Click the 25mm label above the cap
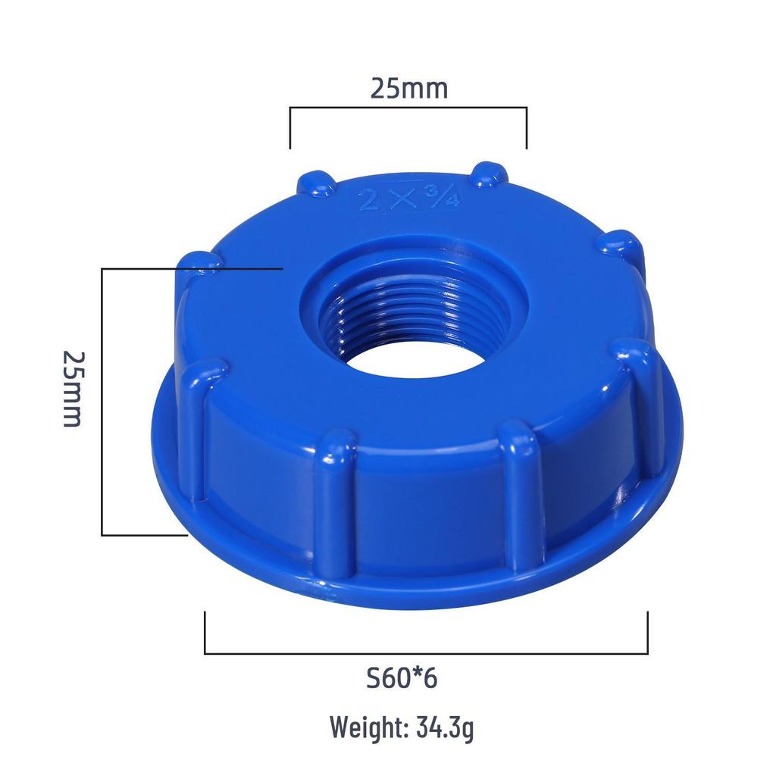pos(408,89)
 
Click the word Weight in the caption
pos(367,728)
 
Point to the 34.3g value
pos(446,728)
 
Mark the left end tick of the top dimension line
pos(290,128)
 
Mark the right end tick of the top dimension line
pos(527,128)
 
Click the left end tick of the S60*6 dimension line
pos(205,633)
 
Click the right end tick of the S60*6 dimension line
pos(647,633)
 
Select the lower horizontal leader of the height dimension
pos(144,535)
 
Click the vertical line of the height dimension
pos(102,402)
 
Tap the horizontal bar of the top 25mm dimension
pos(408,108)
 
